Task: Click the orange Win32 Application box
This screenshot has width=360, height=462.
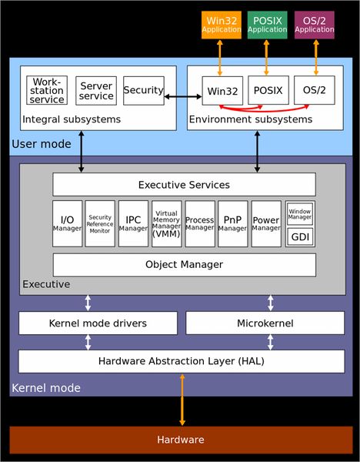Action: click(x=221, y=25)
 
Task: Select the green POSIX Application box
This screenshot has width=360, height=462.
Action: click(x=267, y=25)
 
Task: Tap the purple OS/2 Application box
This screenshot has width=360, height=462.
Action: click(x=315, y=25)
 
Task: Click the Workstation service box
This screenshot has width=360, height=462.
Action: click(x=47, y=91)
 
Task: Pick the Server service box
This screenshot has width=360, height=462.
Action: click(x=96, y=91)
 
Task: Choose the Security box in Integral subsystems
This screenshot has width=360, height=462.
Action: click(x=144, y=91)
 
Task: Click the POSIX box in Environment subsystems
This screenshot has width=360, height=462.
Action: click(x=268, y=91)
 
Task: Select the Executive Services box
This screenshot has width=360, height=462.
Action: click(x=184, y=185)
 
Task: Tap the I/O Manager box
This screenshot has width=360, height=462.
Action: click(x=67, y=224)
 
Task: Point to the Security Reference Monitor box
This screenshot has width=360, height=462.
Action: click(x=100, y=224)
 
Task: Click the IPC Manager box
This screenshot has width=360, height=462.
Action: click(x=133, y=224)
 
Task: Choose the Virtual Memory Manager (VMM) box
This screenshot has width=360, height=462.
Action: click(x=167, y=224)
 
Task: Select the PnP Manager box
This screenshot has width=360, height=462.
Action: click(x=233, y=224)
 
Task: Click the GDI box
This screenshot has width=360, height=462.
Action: click(x=299, y=237)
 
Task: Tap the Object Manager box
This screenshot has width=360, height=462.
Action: click(x=184, y=265)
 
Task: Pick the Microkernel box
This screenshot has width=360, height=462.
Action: click(x=264, y=323)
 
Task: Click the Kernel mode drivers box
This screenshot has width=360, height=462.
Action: click(x=98, y=323)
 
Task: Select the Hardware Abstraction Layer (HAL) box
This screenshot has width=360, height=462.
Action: click(x=182, y=361)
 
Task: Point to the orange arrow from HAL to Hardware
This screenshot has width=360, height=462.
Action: click(x=182, y=400)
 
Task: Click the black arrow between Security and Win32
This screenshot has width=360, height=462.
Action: click(x=183, y=97)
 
